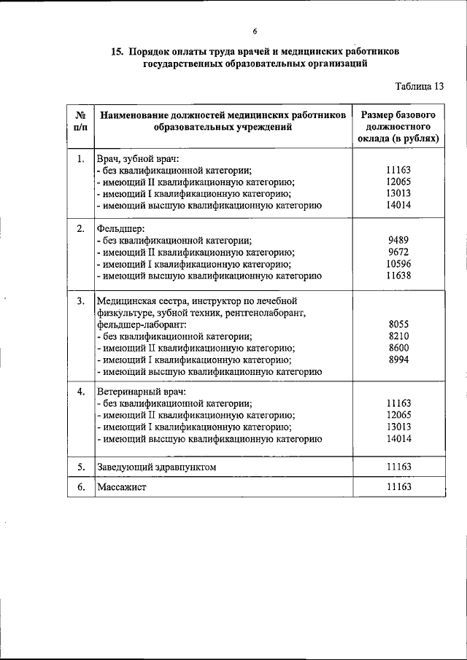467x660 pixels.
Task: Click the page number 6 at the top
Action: coord(255,31)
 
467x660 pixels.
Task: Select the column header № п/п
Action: coord(80,122)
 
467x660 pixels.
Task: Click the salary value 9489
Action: coord(399,238)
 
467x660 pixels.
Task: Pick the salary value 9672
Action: coord(399,251)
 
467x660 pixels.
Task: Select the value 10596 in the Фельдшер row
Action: coord(399,263)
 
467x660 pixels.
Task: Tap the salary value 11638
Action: coord(399,276)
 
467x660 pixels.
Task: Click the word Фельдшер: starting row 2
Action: coord(121,228)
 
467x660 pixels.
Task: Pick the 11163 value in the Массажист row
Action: coord(399,487)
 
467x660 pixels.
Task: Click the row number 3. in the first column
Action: coord(80,300)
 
